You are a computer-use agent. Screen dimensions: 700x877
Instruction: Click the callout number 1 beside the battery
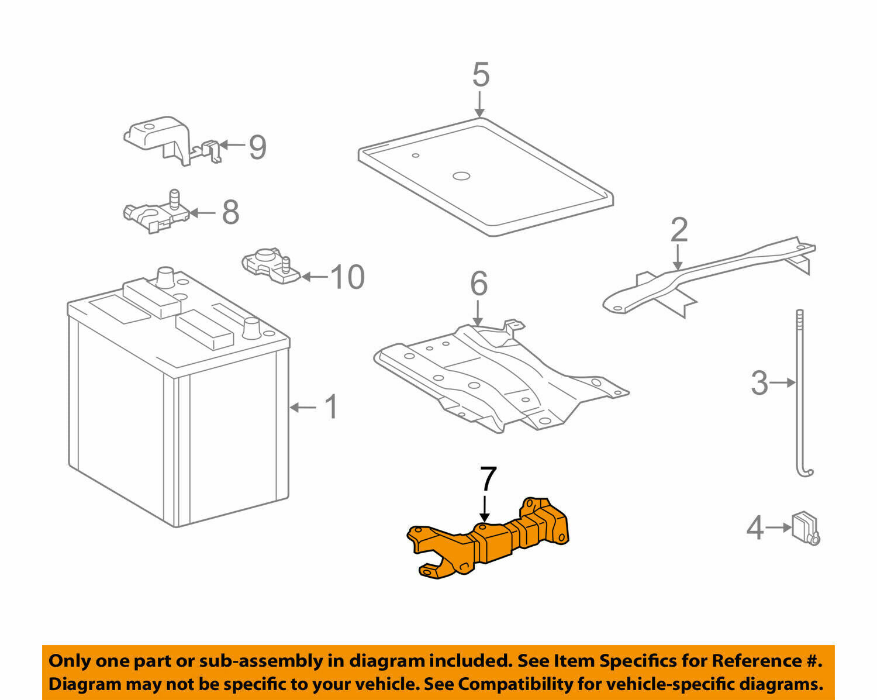click(x=331, y=407)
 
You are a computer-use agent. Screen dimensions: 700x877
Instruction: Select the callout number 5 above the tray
click(x=481, y=75)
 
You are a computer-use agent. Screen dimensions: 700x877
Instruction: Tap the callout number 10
click(x=347, y=277)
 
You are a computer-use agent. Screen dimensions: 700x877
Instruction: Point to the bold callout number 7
click(x=488, y=479)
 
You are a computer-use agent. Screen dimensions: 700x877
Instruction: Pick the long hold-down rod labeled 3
click(x=800, y=398)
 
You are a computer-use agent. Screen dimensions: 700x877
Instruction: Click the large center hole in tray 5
click(x=461, y=175)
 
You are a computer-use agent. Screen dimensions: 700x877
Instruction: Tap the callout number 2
click(x=678, y=230)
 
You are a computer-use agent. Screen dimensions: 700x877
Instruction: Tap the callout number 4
click(x=755, y=528)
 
